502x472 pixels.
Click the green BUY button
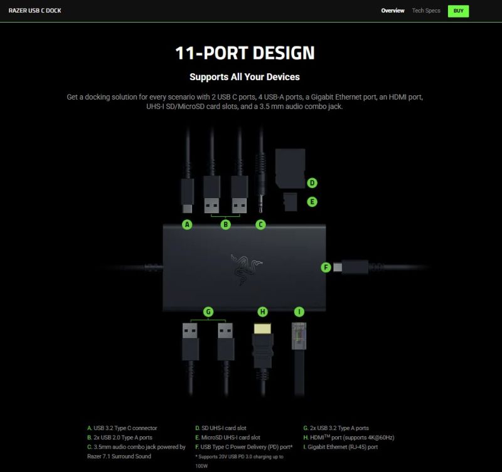click(x=458, y=11)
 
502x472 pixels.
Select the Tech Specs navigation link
click(x=426, y=11)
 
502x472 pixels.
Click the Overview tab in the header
click(x=392, y=11)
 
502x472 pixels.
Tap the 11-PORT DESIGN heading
click(x=245, y=53)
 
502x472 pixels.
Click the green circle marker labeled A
click(x=187, y=224)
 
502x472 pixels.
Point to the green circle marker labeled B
click(x=225, y=224)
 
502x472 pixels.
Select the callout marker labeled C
click(x=260, y=224)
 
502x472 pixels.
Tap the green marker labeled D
click(x=312, y=183)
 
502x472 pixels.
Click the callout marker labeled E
click(x=312, y=202)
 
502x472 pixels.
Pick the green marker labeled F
click(x=326, y=267)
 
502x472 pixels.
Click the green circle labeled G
click(x=208, y=312)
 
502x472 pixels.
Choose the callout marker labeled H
click(x=262, y=312)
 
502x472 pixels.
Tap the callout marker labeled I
click(x=299, y=312)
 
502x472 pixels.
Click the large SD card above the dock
click(x=290, y=168)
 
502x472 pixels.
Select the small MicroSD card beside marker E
click(x=291, y=202)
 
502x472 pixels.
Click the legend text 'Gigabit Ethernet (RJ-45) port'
click(x=341, y=447)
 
